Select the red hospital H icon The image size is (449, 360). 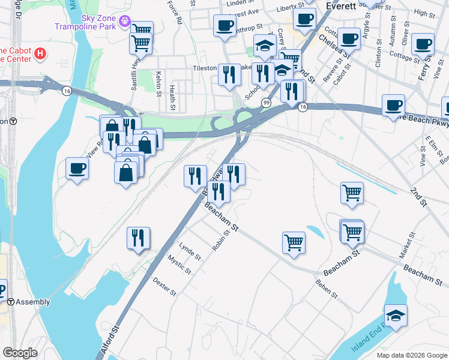(x=40, y=54)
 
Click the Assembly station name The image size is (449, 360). (x=32, y=302)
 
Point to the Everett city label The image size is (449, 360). (x=341, y=5)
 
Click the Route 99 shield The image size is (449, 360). (x=265, y=103)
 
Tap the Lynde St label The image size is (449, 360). (x=190, y=251)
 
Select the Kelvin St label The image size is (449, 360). (x=158, y=83)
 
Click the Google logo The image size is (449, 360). (x=19, y=353)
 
